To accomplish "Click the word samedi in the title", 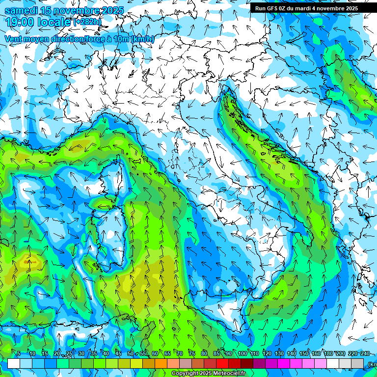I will (x=21, y=10).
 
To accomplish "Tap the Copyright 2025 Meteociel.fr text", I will (x=208, y=374).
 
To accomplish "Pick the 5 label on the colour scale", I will (x=19, y=353).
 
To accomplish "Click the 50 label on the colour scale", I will (x=130, y=353).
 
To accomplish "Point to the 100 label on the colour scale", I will (x=242, y=353).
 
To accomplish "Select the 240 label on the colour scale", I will (x=365, y=353).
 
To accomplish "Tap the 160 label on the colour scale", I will (x=316, y=353).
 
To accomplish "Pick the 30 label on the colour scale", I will (x=81, y=353).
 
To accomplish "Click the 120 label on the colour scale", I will (x=267, y=353).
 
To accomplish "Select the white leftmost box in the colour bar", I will (x=14, y=363).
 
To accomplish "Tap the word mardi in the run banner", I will (x=303, y=8).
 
